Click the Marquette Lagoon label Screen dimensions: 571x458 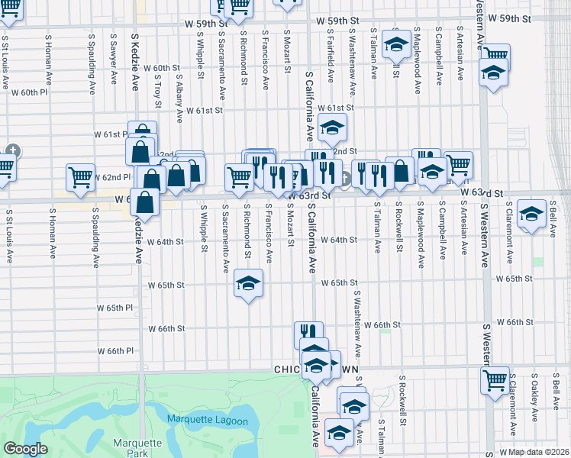[208, 421]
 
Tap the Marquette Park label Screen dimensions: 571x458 [137, 448]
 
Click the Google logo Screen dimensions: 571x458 [25, 450]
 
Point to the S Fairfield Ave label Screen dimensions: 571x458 [331, 58]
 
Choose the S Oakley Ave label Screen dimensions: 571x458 [534, 396]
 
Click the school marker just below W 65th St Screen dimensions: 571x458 [247, 285]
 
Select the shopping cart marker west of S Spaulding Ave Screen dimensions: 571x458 [80, 177]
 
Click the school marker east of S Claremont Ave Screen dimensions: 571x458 [531, 213]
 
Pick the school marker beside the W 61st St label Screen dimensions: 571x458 [332, 127]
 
